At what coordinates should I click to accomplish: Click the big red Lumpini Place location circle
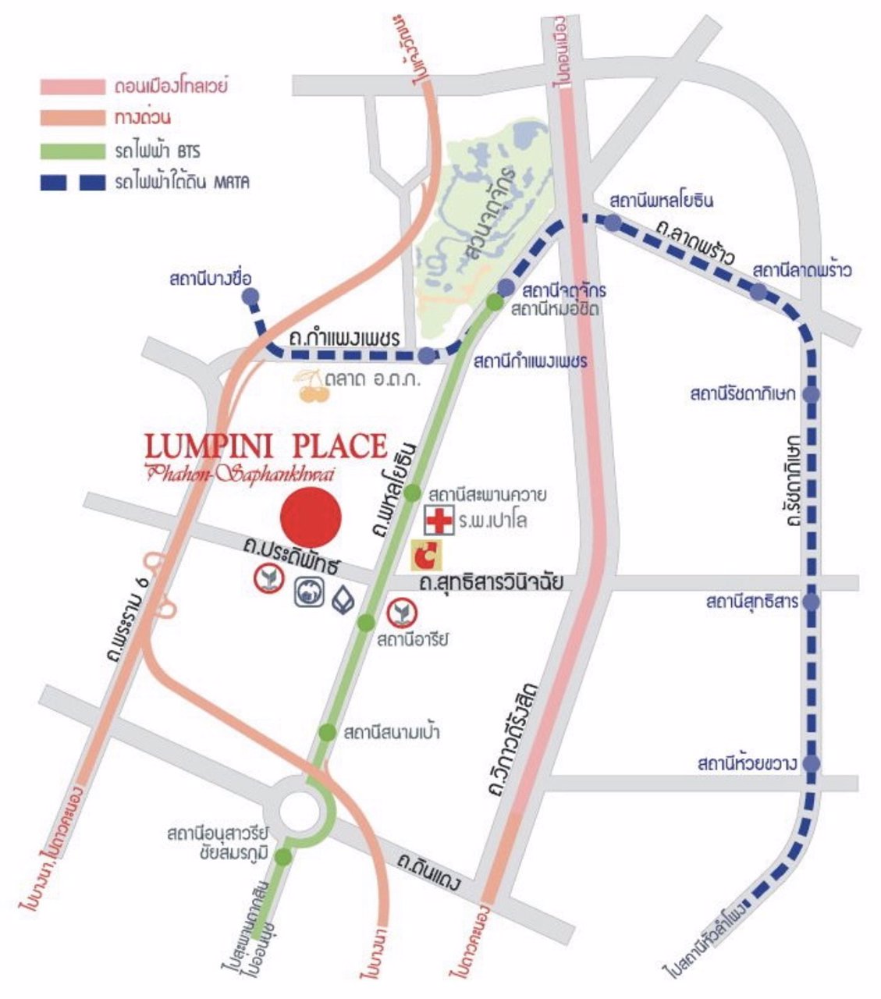pos(311,517)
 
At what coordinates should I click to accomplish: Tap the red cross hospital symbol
pos(439,520)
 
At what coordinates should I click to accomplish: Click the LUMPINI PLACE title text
pos(265,446)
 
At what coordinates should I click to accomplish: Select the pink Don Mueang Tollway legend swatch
pos(72,86)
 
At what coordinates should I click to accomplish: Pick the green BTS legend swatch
pos(72,151)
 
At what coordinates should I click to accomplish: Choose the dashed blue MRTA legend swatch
pos(72,183)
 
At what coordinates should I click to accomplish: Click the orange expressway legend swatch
pos(72,118)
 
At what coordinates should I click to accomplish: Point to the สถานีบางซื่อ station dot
pos(250,297)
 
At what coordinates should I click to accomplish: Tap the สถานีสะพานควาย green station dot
pos(412,494)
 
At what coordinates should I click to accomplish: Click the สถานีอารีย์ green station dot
pos(366,622)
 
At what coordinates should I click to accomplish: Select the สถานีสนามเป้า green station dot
pos(327,732)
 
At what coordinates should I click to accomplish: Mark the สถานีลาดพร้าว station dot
pos(758,292)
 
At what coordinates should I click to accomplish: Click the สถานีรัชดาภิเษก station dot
pos(812,394)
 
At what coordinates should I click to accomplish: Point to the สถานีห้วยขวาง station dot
pos(812,763)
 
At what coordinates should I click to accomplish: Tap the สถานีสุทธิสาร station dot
pos(812,602)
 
